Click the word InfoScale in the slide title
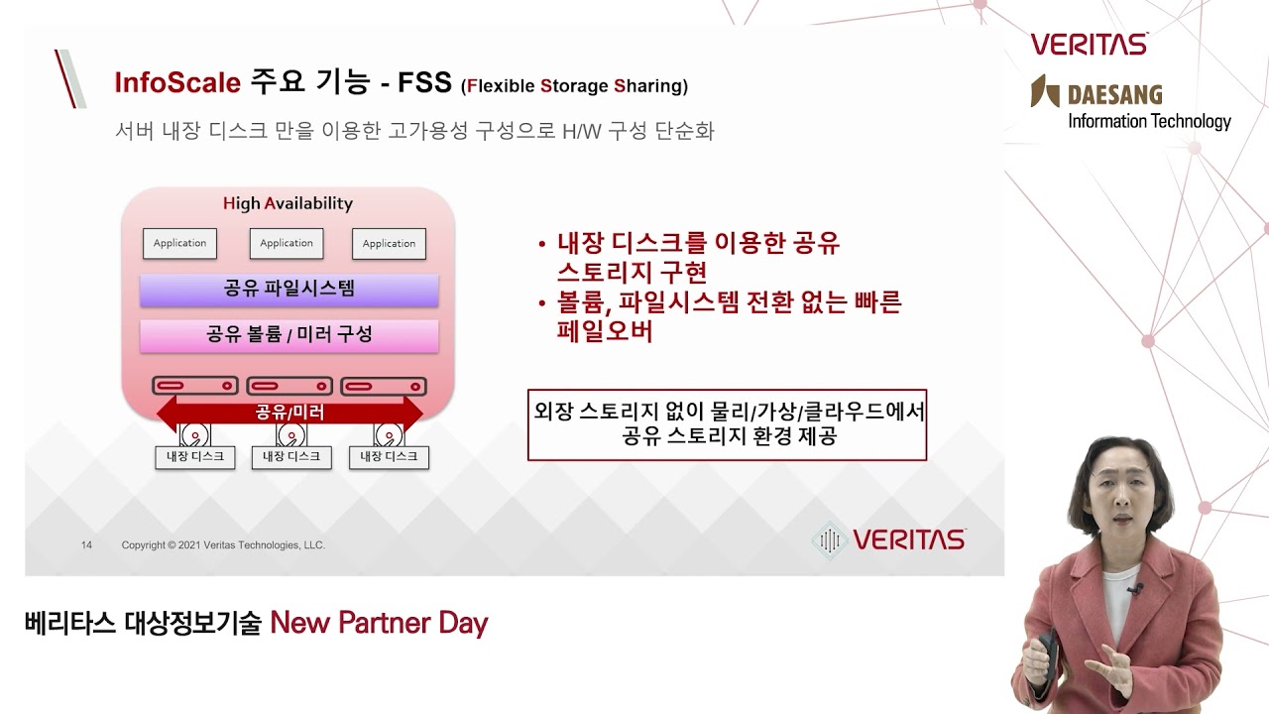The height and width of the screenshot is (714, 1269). [x=177, y=82]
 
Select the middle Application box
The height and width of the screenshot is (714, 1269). [x=287, y=244]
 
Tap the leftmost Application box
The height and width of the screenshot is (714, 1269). [x=179, y=244]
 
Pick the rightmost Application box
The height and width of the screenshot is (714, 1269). [x=389, y=244]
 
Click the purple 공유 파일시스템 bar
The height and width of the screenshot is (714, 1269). [x=288, y=290]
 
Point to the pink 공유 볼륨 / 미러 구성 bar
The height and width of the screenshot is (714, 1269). [x=288, y=335]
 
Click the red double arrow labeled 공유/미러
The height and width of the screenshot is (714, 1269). [x=289, y=413]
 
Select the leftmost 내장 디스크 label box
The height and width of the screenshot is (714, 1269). [x=195, y=457]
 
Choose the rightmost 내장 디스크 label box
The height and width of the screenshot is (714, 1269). [x=389, y=457]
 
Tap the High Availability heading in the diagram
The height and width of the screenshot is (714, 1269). [x=288, y=204]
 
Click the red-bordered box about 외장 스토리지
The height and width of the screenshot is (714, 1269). [x=727, y=424]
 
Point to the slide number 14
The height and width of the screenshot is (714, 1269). [x=86, y=545]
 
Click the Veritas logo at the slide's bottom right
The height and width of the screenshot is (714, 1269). [x=888, y=539]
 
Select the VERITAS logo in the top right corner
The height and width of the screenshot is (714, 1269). [x=1089, y=45]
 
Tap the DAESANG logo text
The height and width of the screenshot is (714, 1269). [x=1114, y=96]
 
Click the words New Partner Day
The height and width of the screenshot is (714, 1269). [x=379, y=624]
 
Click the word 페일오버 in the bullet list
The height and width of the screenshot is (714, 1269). [x=605, y=331]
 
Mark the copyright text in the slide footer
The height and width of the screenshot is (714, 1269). [x=223, y=545]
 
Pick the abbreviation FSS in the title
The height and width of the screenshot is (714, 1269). [x=424, y=82]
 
